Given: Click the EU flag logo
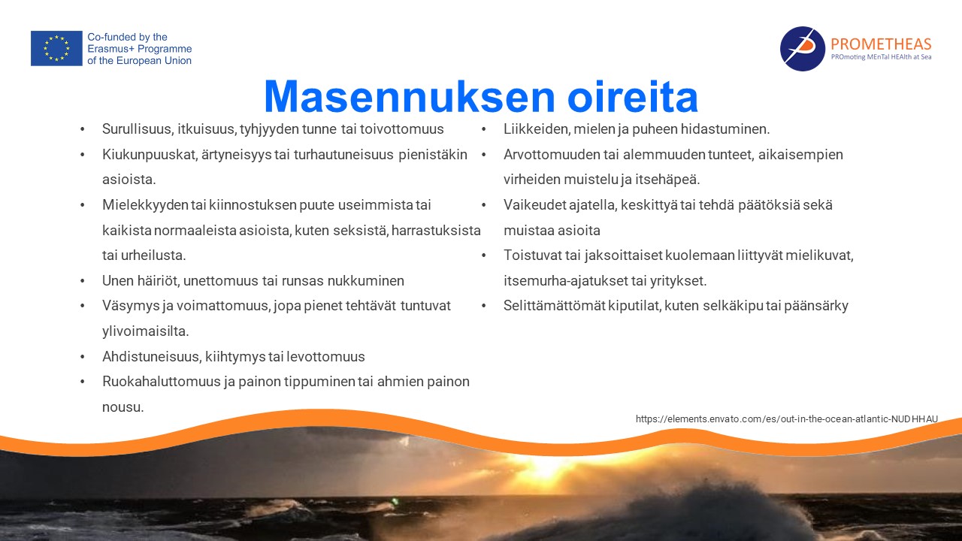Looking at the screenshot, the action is click(56, 48).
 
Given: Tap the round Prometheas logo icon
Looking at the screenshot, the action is click(802, 49).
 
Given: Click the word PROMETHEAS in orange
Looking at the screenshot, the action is click(881, 44).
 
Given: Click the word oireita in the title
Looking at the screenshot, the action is click(633, 96).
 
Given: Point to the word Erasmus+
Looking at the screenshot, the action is click(110, 49).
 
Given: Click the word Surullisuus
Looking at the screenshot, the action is click(137, 128).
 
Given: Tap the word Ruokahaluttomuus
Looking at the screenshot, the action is click(161, 381).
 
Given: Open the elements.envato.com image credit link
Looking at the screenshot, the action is click(787, 419).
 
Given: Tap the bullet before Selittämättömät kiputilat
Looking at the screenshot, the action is click(483, 306).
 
